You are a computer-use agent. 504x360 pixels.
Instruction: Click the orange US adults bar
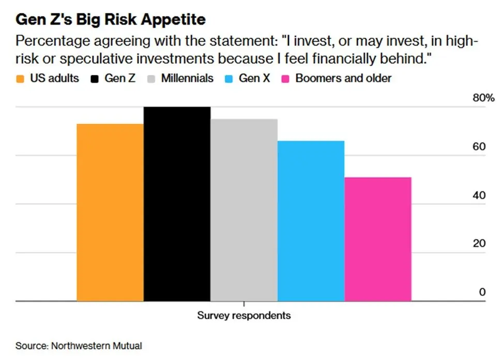(x=110, y=212)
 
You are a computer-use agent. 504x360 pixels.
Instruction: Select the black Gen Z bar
(x=177, y=204)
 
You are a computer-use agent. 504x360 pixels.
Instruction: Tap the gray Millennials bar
(x=244, y=210)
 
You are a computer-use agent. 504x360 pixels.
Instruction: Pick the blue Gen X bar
(x=311, y=221)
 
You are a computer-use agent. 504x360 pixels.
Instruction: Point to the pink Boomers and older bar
(x=378, y=239)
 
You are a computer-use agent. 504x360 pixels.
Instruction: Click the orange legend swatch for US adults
(x=21, y=79)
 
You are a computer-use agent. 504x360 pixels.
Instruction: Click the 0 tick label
(x=482, y=292)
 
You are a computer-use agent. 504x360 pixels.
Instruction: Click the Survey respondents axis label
(x=244, y=315)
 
